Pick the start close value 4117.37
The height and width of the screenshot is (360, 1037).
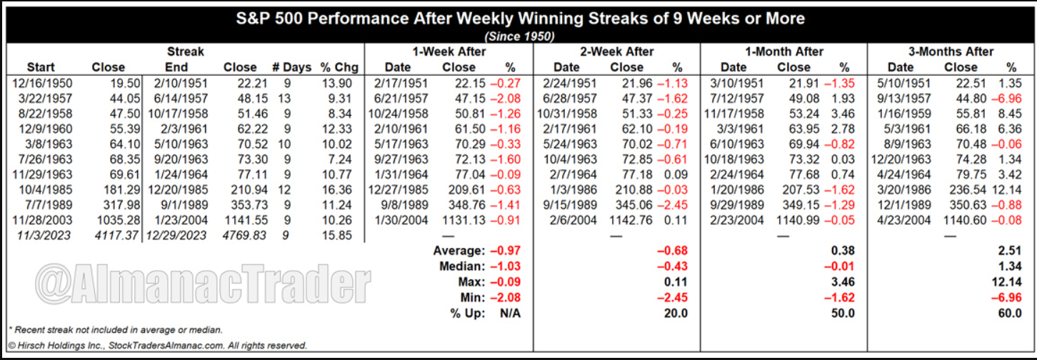[106, 235]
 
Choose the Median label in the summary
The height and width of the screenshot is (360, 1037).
[459, 266]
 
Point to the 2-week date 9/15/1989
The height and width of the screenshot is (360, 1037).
[566, 205]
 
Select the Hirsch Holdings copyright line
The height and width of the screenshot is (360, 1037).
[157, 346]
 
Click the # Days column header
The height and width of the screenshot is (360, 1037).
[292, 68]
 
